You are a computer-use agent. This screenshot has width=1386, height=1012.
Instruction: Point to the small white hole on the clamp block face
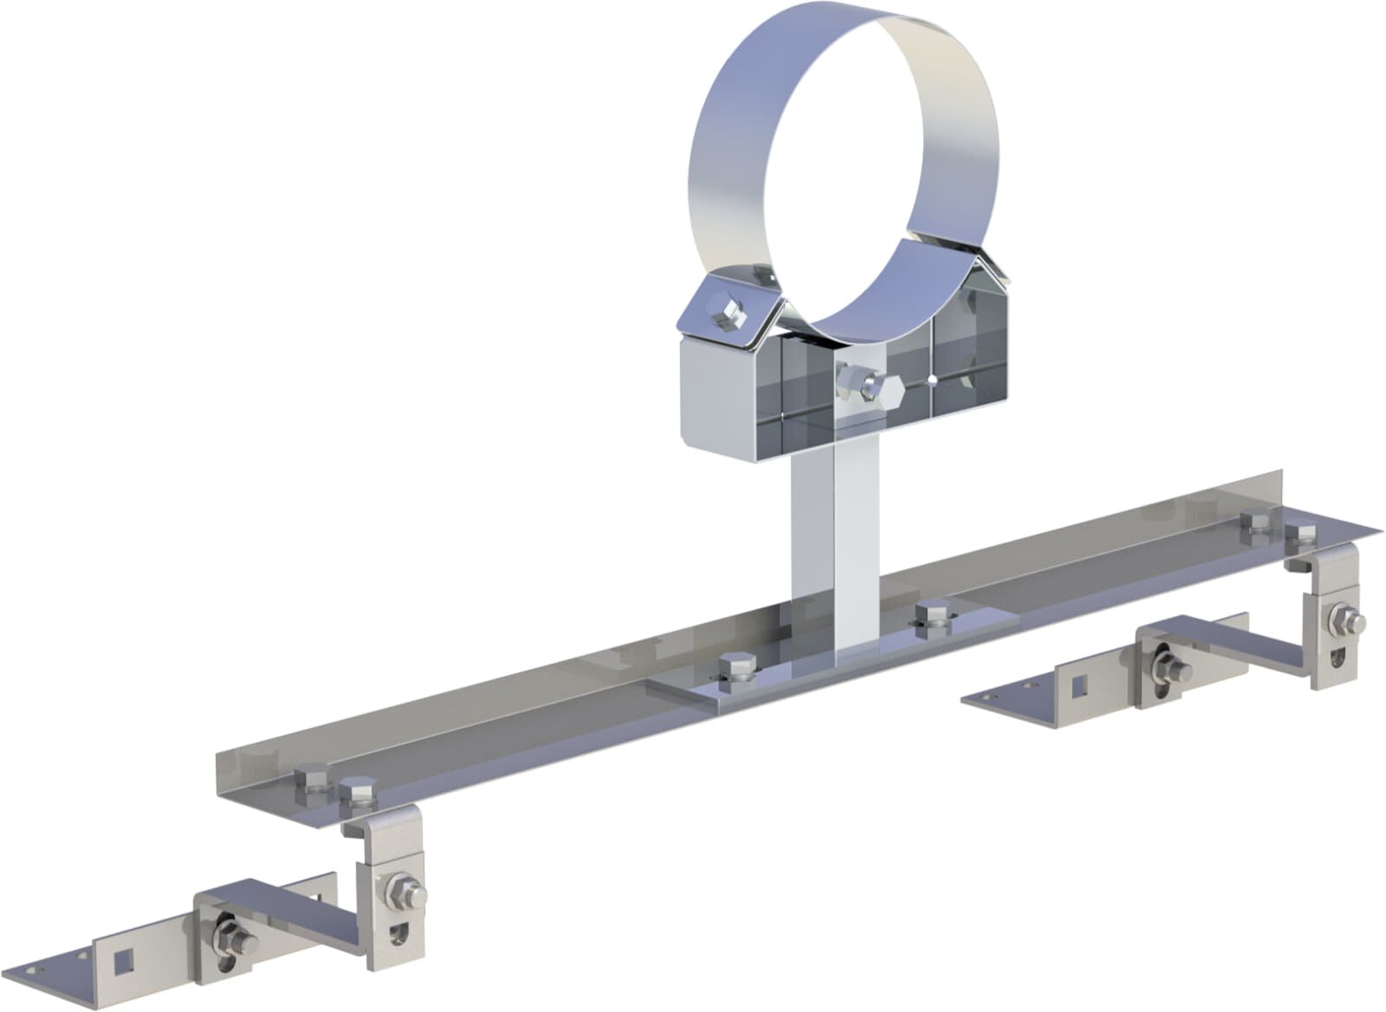(x=932, y=380)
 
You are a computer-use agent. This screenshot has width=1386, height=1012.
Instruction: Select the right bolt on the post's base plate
(x=931, y=615)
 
